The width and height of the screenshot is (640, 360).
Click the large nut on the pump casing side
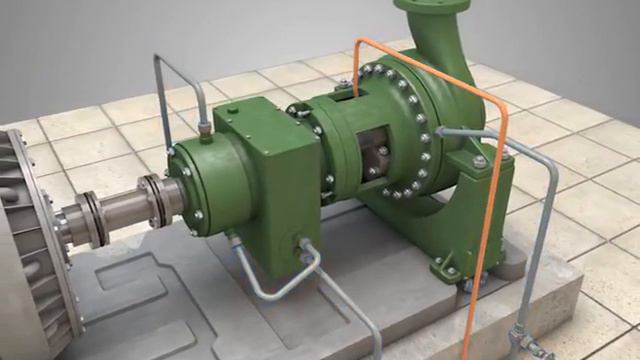pos(479,160)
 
